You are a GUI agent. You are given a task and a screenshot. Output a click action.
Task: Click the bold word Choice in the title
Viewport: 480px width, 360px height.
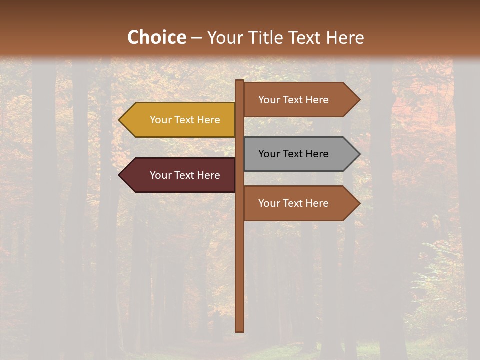pos(156,38)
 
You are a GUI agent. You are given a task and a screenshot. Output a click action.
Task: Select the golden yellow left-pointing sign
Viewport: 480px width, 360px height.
pos(180,120)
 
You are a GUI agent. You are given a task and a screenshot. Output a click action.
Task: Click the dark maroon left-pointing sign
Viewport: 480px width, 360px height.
pos(180,175)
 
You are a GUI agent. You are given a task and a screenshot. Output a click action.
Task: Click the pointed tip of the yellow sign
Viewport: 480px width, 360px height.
pos(120,120)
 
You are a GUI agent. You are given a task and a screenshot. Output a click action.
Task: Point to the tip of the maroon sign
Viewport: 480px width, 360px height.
pos(120,175)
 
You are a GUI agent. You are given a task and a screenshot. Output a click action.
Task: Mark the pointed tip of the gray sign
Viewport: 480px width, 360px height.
pos(358,154)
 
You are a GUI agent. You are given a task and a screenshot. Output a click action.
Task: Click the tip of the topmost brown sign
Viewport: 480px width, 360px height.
pos(358,100)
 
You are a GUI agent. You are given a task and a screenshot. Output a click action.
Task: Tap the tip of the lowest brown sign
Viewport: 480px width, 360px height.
pos(358,203)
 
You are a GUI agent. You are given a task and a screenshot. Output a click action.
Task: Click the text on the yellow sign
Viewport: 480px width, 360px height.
pos(185,120)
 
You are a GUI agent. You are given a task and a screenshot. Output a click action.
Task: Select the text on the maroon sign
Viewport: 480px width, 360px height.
pos(185,175)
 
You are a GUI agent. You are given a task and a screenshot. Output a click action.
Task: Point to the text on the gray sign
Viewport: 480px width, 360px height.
pos(293,154)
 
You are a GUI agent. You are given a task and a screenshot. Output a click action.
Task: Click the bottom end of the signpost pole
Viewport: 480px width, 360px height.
pos(240,330)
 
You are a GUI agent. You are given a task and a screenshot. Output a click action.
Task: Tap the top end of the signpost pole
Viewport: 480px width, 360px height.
pos(240,82)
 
